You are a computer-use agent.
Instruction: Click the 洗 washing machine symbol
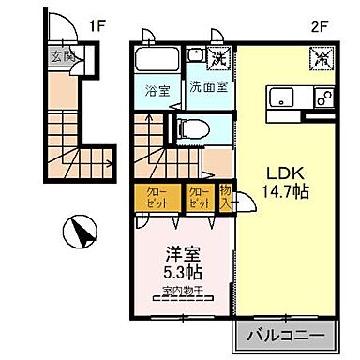(x=219, y=57)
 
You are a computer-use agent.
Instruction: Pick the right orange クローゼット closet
(x=198, y=198)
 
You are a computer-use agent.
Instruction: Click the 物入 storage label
(x=225, y=198)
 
